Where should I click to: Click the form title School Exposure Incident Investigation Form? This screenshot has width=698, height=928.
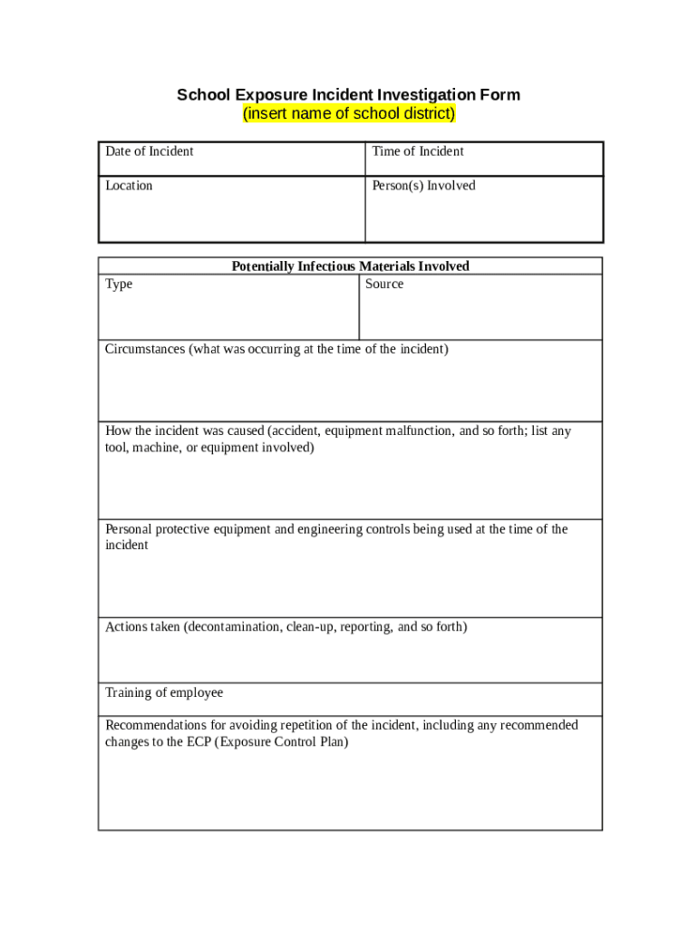point(348,95)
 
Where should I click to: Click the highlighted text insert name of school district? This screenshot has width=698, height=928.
point(349,114)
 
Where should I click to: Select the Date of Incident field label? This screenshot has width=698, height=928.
point(149,151)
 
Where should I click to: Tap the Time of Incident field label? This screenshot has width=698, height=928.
point(417,151)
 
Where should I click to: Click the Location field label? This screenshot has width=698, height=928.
point(129,186)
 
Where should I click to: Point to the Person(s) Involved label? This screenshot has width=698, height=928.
point(423,186)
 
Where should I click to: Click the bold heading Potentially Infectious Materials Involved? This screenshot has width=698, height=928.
point(350,266)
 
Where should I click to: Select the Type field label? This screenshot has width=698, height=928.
point(119,285)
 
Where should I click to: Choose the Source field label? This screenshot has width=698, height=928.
point(384,285)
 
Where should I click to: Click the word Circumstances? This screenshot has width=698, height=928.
point(145,350)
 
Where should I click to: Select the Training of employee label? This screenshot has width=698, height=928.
point(164,693)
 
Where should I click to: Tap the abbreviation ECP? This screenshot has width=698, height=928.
point(198,742)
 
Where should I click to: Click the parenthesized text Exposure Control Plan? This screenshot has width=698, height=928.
point(281,742)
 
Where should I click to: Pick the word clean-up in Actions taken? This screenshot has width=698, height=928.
point(311,627)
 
